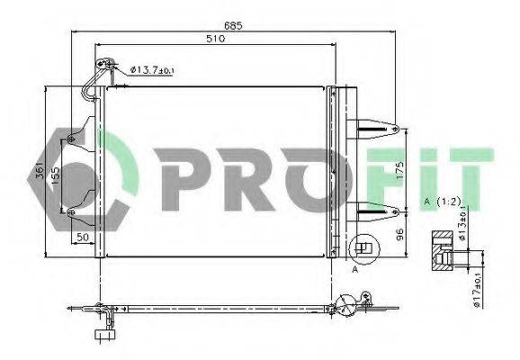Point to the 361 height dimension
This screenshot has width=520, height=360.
[x=38, y=172]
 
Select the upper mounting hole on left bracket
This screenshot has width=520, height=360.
[x=71, y=139]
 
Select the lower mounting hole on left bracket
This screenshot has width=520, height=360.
[x=71, y=211]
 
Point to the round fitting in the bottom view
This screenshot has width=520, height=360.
[x=346, y=304]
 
